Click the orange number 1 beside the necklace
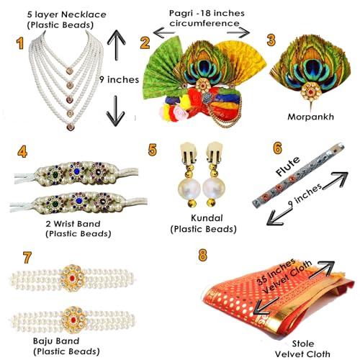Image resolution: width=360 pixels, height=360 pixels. coord(20,44)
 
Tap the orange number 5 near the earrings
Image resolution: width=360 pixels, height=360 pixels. coord(153,150)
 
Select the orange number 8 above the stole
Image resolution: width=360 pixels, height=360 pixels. coord(203,255)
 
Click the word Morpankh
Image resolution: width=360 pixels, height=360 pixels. coord(310,117)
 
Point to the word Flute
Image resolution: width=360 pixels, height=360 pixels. coord(288,166)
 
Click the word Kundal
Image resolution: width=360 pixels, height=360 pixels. coord(204,218)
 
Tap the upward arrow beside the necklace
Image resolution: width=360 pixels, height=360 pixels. coord(117,45)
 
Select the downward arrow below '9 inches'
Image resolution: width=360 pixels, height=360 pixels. coord(116,111)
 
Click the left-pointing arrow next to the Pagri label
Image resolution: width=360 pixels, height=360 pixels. coord(164,32)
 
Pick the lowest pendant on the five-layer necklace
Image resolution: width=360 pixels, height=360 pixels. coord(71,127)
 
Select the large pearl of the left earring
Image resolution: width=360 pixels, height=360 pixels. coord(189,189)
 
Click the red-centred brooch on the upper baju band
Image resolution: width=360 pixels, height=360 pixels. coord(72,278)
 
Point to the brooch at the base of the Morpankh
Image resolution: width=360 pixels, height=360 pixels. coord(311,91)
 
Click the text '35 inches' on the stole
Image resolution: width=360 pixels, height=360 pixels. coord(276,271)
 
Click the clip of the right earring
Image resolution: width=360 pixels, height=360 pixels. coord(215,152)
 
